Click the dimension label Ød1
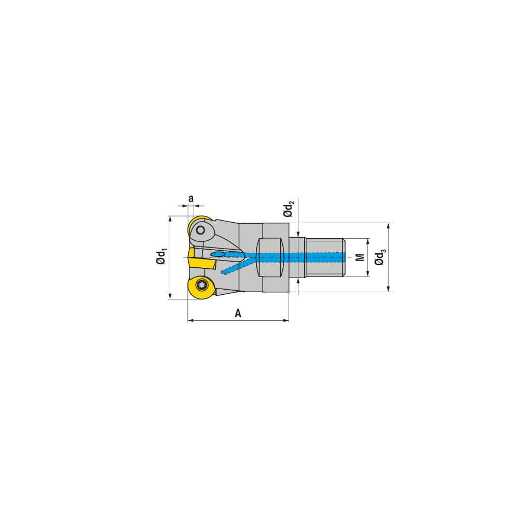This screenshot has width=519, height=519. coord(161,257)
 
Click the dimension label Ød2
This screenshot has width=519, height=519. coord(289,209)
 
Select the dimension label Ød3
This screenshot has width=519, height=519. coord(380,257)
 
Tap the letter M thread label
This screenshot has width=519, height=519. coord(359,257)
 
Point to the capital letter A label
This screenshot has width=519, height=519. coord(238,313)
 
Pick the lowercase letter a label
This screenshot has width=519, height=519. coord(190,198)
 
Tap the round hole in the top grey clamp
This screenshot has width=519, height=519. coord(200,229)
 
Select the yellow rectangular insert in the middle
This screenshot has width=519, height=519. coord(201,258)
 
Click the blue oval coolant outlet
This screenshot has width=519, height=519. coord(218,254)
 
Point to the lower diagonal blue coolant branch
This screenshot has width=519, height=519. coord(236,266)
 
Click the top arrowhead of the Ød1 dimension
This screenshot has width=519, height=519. coord(170,218)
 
